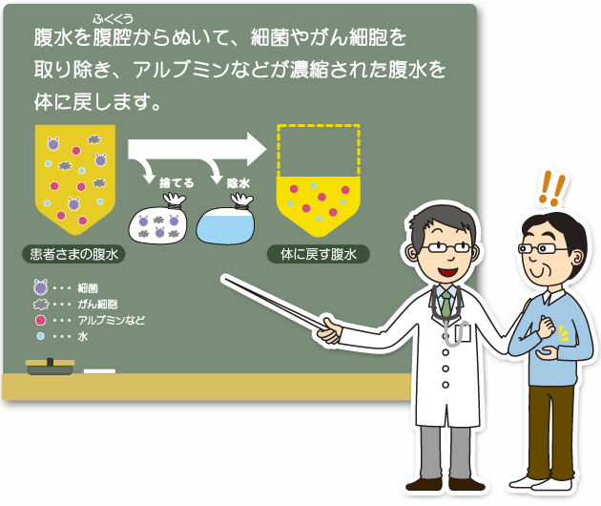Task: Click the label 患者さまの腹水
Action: (74, 254)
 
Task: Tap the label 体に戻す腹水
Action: (318, 254)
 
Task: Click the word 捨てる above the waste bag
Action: (176, 182)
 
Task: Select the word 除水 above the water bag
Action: (238, 183)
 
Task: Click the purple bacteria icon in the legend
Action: (40, 287)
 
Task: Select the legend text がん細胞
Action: (97, 305)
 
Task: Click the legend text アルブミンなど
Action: (112, 320)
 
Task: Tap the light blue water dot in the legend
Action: (40, 336)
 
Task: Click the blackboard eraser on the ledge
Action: (50, 367)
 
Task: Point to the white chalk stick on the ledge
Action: (99, 371)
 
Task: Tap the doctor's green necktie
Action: (446, 305)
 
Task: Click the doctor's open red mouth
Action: (448, 272)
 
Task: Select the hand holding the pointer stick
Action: (329, 330)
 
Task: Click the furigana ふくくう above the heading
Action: (113, 19)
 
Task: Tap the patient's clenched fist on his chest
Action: (546, 327)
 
